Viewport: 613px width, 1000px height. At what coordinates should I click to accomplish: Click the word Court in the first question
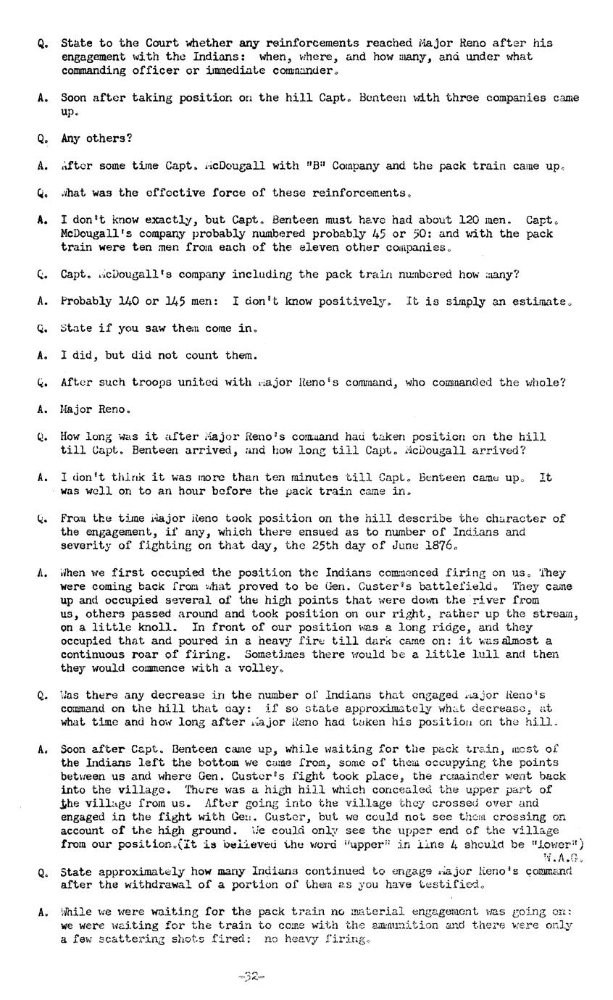[x=149, y=43]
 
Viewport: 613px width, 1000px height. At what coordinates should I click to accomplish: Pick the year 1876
[x=441, y=546]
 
